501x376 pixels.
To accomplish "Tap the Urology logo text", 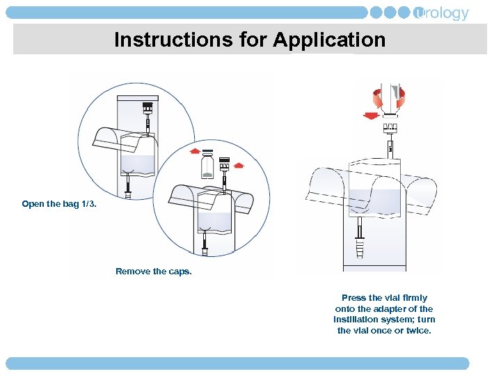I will click(x=442, y=13).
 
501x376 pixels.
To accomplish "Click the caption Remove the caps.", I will click(x=153, y=272).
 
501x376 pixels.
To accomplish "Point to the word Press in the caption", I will click(x=353, y=298).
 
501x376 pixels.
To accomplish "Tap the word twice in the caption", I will click(x=418, y=330).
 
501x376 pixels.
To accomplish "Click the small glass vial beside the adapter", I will click(x=207, y=168).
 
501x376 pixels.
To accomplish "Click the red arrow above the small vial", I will click(x=196, y=150).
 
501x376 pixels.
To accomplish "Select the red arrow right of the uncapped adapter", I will click(x=238, y=166).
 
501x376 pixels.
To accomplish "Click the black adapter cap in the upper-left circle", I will click(x=148, y=108).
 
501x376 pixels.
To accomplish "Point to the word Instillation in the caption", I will click(x=357, y=320).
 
